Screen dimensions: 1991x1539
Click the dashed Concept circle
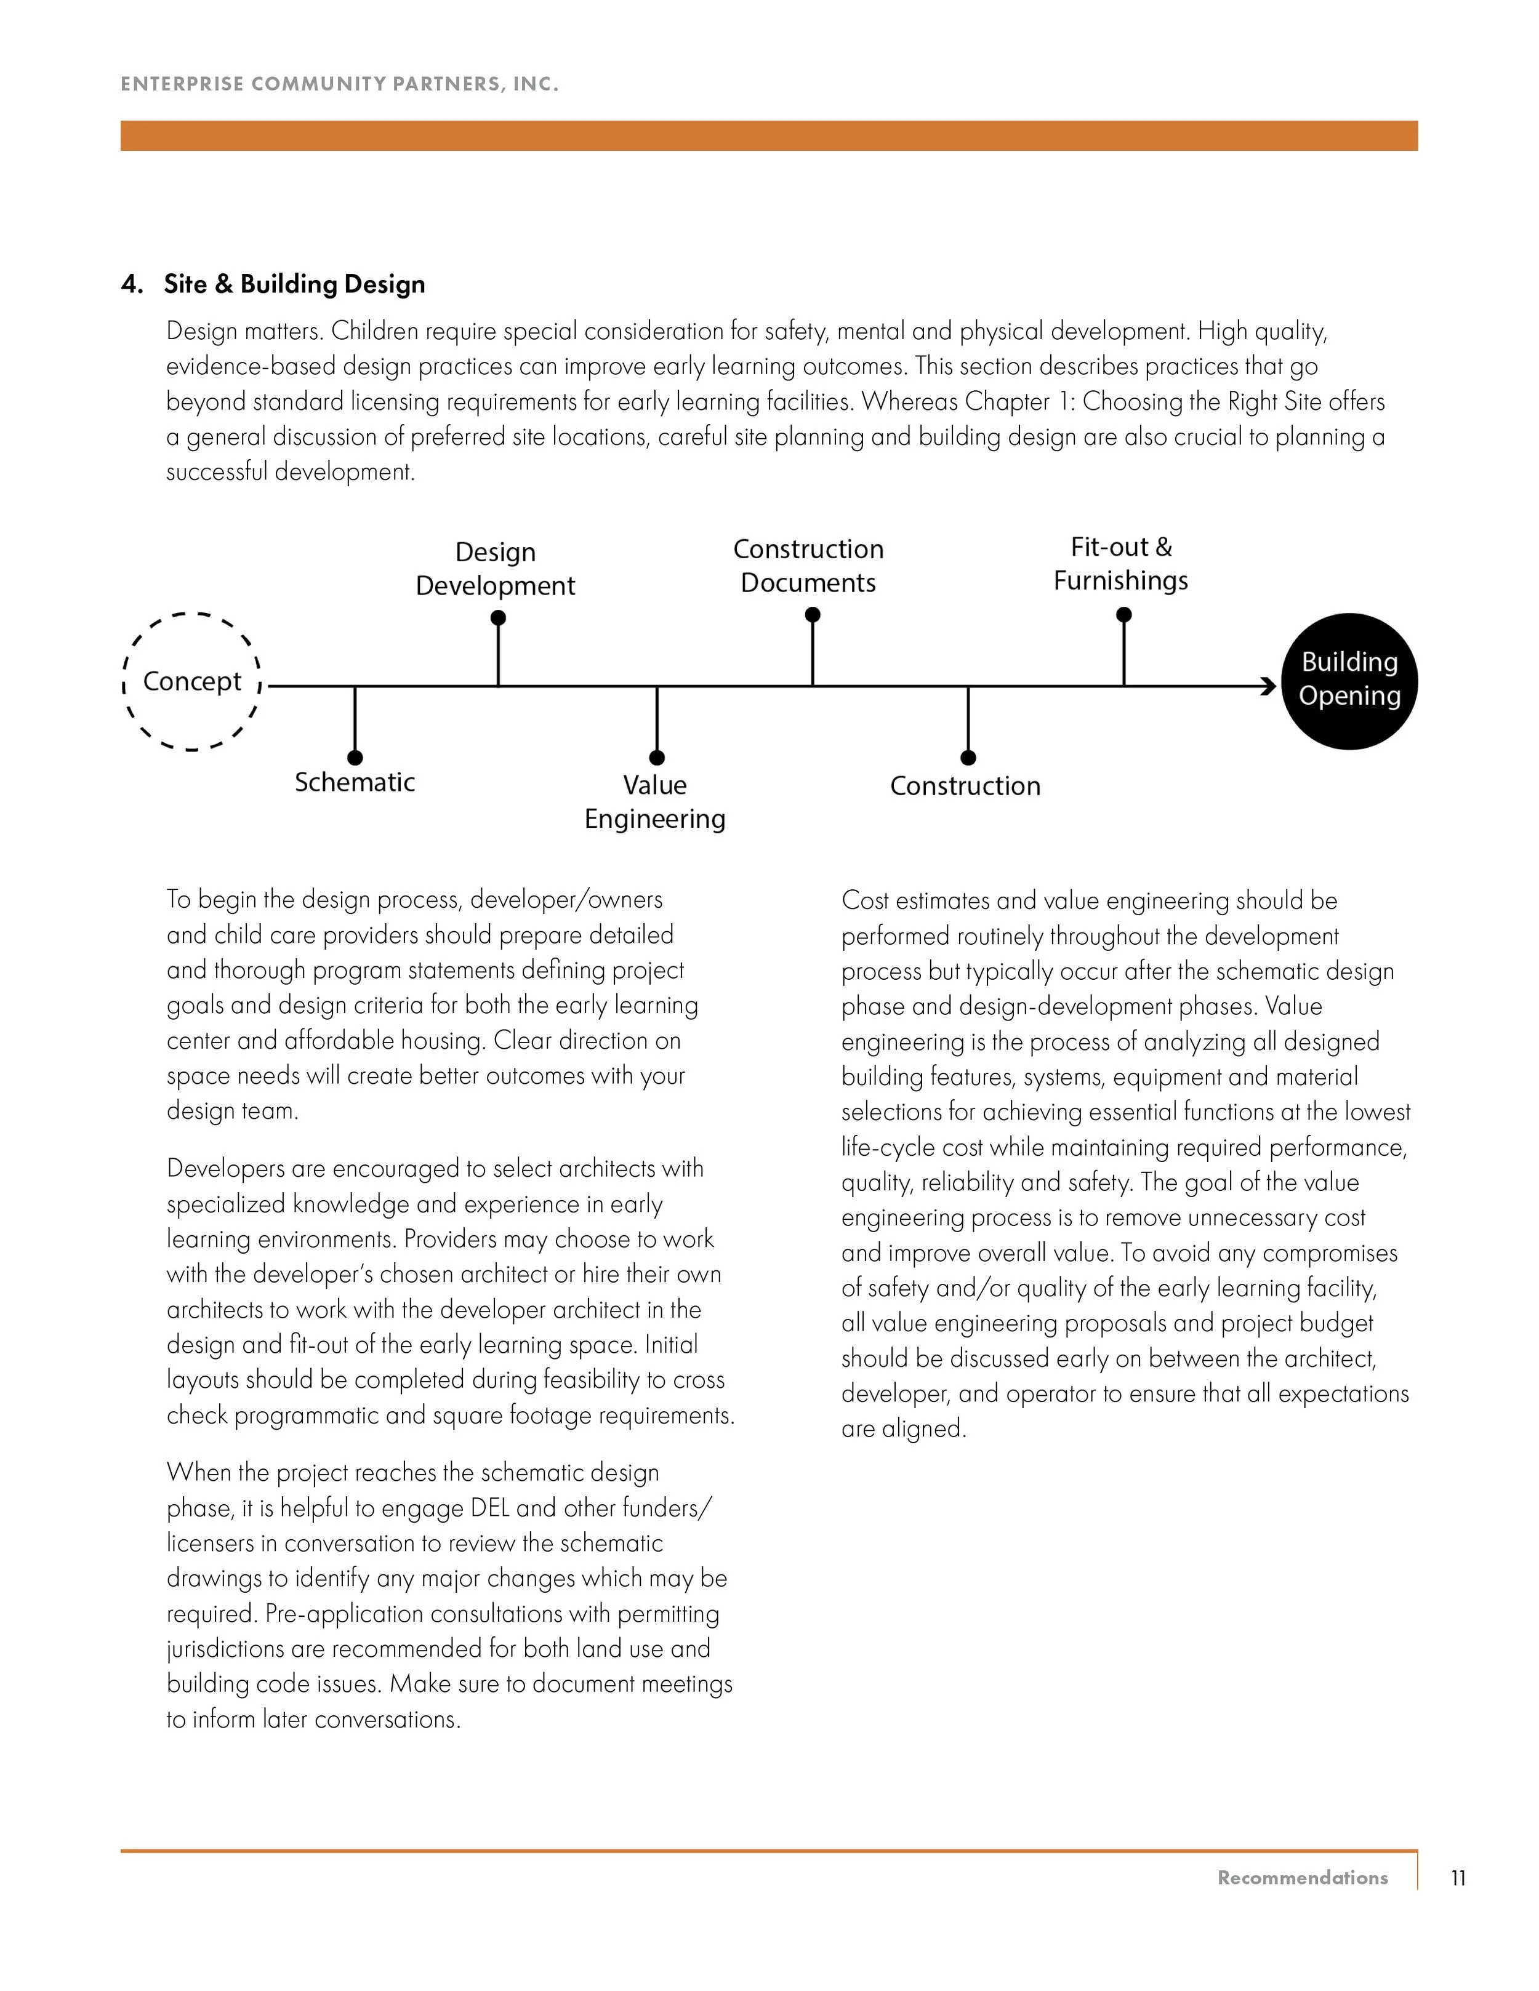coord(191,681)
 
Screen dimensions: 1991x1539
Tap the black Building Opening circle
coord(1349,681)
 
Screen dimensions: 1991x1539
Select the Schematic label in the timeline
coord(355,782)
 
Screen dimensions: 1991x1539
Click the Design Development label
coord(495,569)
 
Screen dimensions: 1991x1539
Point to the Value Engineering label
coord(654,801)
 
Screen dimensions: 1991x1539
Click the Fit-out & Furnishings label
coord(1120,563)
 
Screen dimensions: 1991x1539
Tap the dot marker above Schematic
coord(355,758)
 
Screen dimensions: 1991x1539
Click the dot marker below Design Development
coord(498,618)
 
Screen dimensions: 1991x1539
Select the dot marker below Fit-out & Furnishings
coord(1123,615)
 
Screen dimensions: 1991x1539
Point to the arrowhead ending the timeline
coord(1268,686)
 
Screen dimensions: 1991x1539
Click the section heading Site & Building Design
coord(294,284)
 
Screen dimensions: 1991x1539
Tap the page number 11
coord(1458,1878)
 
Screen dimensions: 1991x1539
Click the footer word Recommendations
coord(1302,1878)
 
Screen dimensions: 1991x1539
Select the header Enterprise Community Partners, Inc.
coord(339,84)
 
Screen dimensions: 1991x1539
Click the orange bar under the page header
coord(769,135)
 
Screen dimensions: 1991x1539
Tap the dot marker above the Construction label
coord(968,758)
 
